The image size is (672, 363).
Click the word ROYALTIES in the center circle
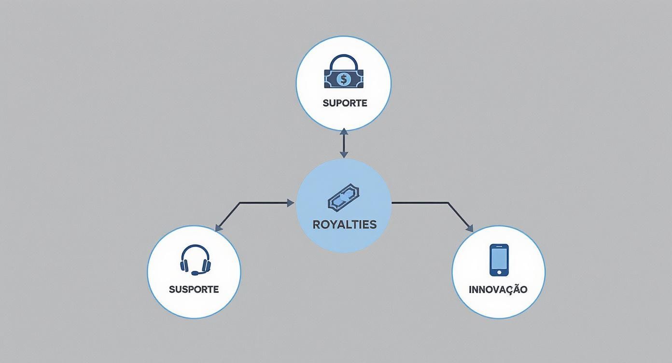[x=344, y=224]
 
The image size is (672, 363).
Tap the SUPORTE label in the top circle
[x=345, y=103]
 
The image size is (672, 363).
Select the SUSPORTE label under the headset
[x=194, y=290]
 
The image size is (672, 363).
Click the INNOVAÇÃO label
[x=498, y=290]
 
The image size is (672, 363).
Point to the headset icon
[x=195, y=261]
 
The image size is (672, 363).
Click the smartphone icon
[x=499, y=260]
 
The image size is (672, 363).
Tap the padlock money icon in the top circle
[x=343, y=73]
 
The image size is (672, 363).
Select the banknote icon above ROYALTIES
[x=344, y=198]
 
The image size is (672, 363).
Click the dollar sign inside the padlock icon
[x=343, y=79]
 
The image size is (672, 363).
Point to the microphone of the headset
[x=195, y=273]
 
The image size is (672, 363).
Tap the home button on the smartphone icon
[x=499, y=272]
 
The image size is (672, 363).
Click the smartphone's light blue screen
[x=499, y=258]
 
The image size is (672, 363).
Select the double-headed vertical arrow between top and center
[x=344, y=143]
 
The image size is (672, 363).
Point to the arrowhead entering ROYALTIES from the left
[x=291, y=203]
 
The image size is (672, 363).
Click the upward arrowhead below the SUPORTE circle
[x=344, y=132]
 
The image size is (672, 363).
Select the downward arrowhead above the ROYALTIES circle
[x=344, y=154]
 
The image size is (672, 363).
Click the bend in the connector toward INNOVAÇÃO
[x=448, y=203]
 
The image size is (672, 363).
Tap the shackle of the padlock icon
[x=343, y=62]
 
